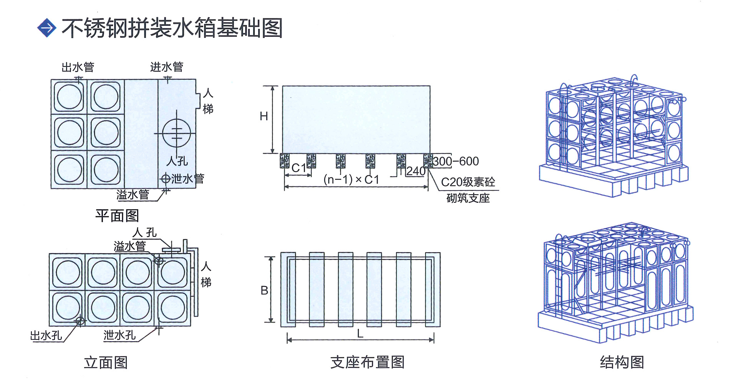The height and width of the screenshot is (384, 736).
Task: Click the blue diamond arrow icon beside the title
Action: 47,28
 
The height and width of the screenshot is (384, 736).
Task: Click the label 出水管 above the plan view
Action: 78,67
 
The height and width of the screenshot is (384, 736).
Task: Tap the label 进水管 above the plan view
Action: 167,67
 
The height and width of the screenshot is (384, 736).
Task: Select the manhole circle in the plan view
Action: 177,133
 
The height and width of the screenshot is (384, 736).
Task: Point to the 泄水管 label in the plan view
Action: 187,179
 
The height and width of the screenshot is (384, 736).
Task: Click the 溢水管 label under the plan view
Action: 133,195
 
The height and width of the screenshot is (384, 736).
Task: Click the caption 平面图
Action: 117,215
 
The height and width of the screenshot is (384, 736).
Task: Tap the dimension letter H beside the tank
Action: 264,116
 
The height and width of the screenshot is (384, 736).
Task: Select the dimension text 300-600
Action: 456,161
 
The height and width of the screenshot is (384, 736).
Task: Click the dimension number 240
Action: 416,171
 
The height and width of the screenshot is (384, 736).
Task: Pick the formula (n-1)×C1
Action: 351,180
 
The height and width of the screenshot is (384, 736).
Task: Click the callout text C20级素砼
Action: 468,182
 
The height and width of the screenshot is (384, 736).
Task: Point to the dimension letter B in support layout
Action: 264,290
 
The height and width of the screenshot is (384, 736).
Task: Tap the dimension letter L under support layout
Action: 360,334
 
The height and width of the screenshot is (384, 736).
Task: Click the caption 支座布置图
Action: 367,362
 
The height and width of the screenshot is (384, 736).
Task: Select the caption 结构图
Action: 622,362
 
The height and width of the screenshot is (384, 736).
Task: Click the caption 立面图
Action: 106,362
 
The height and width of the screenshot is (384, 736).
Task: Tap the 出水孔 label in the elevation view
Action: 46,336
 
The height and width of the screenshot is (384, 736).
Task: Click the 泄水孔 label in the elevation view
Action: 119,335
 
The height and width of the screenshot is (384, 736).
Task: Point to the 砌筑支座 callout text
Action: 468,198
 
